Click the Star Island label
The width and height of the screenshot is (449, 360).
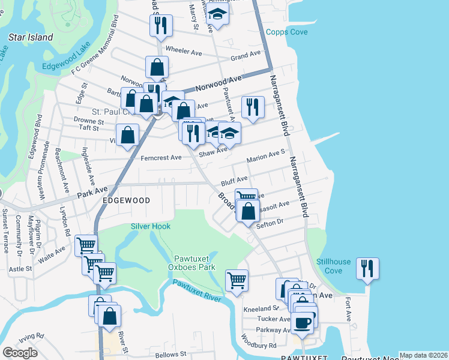pyautogui.click(x=31, y=37)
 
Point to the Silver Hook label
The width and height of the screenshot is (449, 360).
pyautogui.click(x=151, y=226)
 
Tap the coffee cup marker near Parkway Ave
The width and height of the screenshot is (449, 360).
pyautogui.click(x=303, y=323)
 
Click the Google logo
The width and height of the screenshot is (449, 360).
pyautogui.click(x=20, y=353)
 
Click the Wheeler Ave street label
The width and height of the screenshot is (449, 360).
pyautogui.click(x=183, y=52)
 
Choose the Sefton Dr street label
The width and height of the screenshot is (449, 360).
pyautogui.click(x=270, y=221)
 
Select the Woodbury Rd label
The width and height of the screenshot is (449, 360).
pyautogui.click(x=260, y=346)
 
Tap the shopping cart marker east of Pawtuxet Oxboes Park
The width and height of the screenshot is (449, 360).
pyautogui.click(x=237, y=280)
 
